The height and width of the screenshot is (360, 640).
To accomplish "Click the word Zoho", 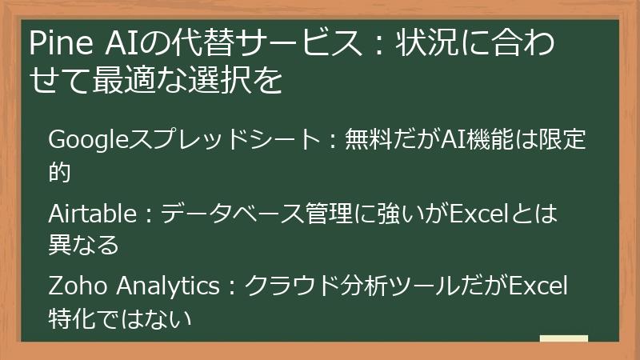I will point(75,286).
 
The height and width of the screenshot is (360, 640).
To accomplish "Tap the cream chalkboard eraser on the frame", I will point(563,338).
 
